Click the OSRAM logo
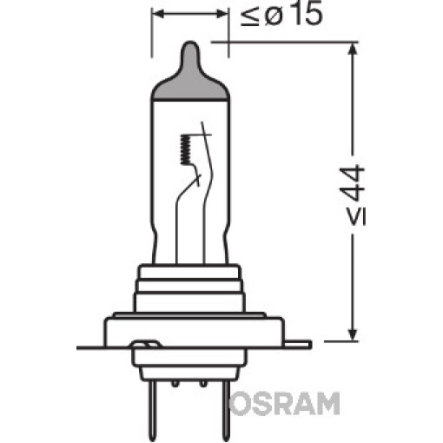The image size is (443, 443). click(x=284, y=404)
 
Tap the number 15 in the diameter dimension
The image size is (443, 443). click(x=306, y=15)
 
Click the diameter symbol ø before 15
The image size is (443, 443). click(x=274, y=17)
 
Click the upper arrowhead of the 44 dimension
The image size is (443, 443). click(x=352, y=50)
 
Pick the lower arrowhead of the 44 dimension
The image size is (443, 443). click(x=352, y=334)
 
